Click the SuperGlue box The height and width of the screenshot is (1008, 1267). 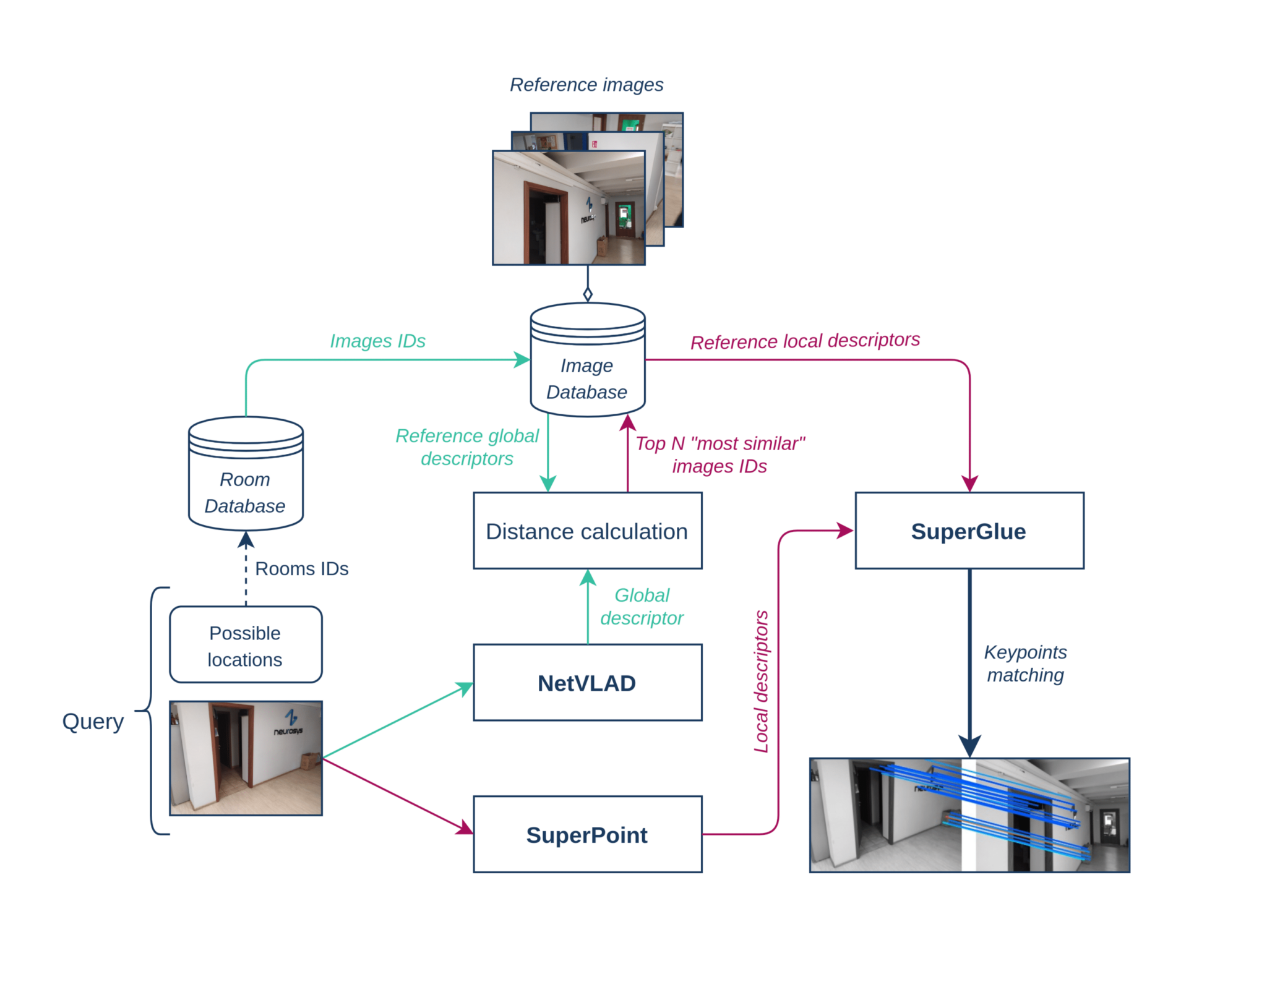969,531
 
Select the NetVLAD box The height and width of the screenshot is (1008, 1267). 587,682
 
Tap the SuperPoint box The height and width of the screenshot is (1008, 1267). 587,834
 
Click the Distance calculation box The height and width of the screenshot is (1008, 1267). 587,531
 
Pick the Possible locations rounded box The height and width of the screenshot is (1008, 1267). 246,644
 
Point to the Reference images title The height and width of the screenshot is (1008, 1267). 586,85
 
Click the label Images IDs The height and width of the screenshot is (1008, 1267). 377,341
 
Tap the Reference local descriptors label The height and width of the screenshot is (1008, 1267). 805,341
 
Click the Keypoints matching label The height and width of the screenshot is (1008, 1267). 1025,663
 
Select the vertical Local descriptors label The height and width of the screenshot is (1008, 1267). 761,681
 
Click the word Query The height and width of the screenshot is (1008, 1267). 93,721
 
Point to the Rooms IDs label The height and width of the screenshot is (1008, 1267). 301,568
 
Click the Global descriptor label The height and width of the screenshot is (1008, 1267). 642,606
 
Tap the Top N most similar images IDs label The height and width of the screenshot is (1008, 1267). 719,455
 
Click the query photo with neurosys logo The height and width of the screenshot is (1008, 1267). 246,758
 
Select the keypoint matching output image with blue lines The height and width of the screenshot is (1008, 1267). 969,815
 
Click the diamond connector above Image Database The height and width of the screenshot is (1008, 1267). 588,294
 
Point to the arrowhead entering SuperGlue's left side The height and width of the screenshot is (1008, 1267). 845,530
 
